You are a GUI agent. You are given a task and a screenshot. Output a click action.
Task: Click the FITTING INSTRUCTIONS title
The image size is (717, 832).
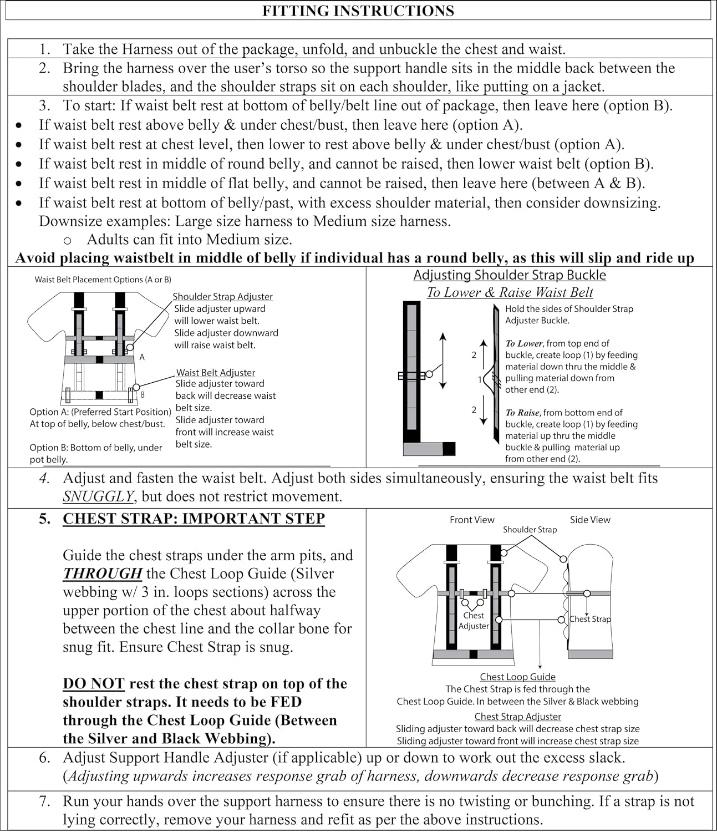coord(358,11)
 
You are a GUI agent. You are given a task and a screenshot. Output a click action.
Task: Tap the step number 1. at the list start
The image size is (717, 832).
coord(45,49)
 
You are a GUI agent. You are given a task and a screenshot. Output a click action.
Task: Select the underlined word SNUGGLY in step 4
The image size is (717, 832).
coord(98,496)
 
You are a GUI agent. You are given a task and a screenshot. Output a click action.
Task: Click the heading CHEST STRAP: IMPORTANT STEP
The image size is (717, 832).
coord(194,519)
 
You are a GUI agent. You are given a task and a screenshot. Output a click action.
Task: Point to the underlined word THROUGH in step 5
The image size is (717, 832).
coord(103,574)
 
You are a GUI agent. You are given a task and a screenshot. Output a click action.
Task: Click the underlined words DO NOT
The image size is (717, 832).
coord(93,683)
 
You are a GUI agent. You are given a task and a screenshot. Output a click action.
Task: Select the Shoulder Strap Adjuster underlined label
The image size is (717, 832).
coord(222,297)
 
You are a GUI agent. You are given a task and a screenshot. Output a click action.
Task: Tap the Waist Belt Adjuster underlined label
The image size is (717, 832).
coord(216,373)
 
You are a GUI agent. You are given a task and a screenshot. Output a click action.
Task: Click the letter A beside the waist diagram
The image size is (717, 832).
coord(142,358)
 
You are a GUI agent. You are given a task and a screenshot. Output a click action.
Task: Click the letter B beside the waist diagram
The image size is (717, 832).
coord(143,395)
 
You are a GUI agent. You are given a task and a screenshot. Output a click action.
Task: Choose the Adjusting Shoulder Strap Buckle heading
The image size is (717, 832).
coord(510,275)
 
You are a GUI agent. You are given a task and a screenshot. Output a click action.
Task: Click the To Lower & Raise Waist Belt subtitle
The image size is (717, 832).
coord(510,292)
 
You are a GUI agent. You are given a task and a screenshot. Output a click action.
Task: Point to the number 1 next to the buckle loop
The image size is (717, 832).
coord(480,380)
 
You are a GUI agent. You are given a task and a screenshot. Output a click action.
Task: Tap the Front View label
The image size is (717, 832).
coord(472,520)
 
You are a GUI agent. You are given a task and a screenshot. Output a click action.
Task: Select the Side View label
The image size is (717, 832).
coord(590,520)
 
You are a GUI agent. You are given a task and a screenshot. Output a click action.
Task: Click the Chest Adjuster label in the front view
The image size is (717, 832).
coord(474,621)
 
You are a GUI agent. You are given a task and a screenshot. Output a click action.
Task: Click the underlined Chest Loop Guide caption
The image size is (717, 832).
coord(517,677)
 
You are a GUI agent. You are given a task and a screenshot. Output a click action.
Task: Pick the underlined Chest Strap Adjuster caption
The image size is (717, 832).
coord(517,717)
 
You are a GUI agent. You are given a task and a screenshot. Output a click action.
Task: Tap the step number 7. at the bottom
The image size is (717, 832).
coord(45,801)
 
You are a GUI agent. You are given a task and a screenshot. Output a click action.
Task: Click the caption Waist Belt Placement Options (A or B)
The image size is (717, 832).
coord(103,280)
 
